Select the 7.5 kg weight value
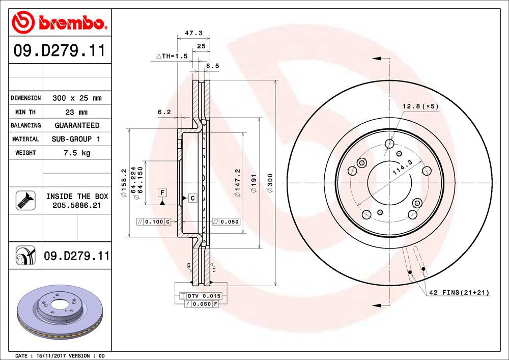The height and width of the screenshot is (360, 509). pos(77,153)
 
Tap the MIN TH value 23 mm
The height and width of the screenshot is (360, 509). pos(77,112)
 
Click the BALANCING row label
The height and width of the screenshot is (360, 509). pos(25,125)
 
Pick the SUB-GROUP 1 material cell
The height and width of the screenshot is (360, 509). pos(77,139)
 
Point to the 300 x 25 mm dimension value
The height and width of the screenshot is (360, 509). pos(77,98)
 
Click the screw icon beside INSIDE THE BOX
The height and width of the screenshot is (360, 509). pos(25,201)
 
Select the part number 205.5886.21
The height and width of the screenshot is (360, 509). pos(77,205)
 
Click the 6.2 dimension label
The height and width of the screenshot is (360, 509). pos(164,112)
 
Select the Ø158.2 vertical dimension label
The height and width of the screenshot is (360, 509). pos(123,183)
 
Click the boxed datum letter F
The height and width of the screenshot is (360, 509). pos(162,192)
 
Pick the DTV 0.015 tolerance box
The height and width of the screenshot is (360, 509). pos(201,296)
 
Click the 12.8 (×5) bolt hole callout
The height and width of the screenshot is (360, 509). pos(420,106)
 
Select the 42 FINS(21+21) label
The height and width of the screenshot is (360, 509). pos(460,292)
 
